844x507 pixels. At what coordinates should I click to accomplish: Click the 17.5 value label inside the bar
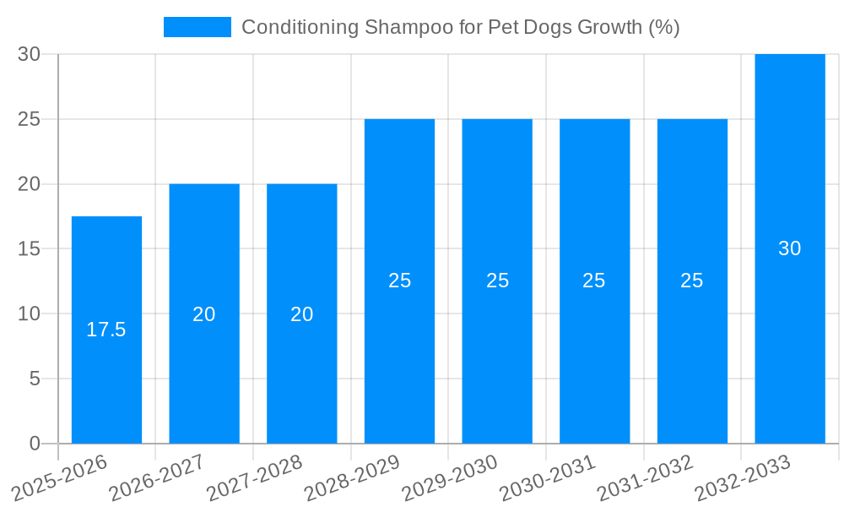[106, 330]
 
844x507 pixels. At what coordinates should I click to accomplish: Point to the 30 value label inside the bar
[789, 248]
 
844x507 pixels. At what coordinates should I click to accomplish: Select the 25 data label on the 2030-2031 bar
[594, 281]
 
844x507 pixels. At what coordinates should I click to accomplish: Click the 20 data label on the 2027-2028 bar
[301, 314]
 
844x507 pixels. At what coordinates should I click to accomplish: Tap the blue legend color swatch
[197, 27]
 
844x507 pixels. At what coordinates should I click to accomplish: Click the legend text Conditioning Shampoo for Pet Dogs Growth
[460, 27]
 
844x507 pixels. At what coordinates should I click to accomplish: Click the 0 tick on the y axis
[35, 444]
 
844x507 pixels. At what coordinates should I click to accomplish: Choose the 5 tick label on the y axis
[35, 379]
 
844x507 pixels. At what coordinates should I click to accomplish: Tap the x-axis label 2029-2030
[450, 477]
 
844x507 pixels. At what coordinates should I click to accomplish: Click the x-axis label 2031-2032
[645, 477]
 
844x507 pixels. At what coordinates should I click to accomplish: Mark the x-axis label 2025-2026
[60, 477]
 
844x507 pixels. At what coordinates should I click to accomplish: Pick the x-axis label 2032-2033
[742, 477]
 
